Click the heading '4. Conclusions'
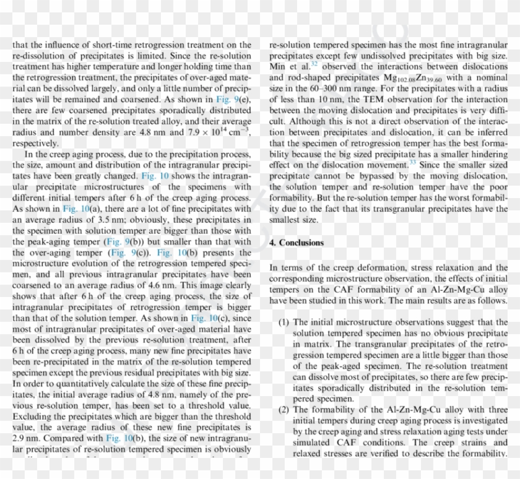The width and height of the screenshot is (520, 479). (x=297, y=243)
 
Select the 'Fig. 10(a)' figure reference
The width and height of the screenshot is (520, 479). (x=78, y=209)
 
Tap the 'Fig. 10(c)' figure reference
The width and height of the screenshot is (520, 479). (x=206, y=317)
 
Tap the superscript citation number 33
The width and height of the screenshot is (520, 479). (x=413, y=162)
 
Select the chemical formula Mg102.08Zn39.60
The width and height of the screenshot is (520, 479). (x=411, y=78)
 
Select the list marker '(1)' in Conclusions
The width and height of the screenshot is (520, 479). (x=284, y=322)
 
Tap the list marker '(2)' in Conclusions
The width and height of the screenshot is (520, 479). (x=284, y=410)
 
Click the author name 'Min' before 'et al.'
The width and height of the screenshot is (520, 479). (x=279, y=67)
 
